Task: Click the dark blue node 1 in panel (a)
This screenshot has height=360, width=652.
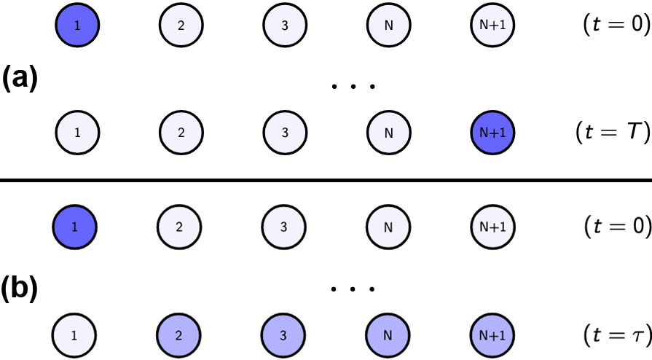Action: [x=77, y=26]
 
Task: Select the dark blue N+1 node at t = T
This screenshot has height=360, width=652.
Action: [x=492, y=133]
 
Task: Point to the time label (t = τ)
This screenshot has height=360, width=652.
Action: [x=616, y=336]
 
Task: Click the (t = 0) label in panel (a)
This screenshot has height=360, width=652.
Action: [x=616, y=26]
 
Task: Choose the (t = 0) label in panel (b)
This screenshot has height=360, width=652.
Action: [x=616, y=227]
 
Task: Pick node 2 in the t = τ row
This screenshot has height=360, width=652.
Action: [x=179, y=336]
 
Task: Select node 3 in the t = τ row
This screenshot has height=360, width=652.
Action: [x=284, y=336]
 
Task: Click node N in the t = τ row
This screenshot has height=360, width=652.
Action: [x=388, y=336]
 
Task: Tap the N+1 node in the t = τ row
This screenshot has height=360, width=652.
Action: [x=492, y=336]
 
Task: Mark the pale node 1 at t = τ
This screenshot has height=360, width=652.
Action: [x=75, y=336]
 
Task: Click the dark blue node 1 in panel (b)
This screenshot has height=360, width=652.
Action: [x=75, y=227]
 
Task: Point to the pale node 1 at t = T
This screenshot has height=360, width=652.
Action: [x=77, y=133]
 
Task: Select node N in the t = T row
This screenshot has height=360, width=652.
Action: [x=388, y=133]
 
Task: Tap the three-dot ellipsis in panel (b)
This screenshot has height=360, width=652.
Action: [x=353, y=289]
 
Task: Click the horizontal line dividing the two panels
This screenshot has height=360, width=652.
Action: [x=326, y=180]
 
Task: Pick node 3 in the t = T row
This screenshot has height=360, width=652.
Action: [x=284, y=133]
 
